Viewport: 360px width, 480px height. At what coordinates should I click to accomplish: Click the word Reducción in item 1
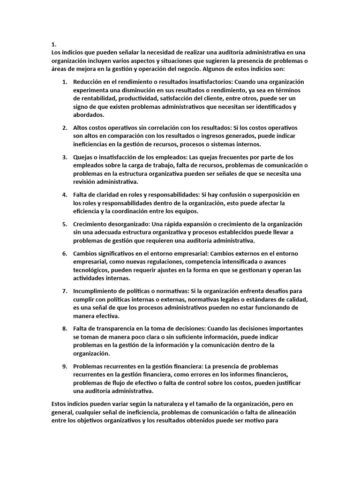tap(89, 82)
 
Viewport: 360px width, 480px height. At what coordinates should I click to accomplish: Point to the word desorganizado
tap(128, 224)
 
